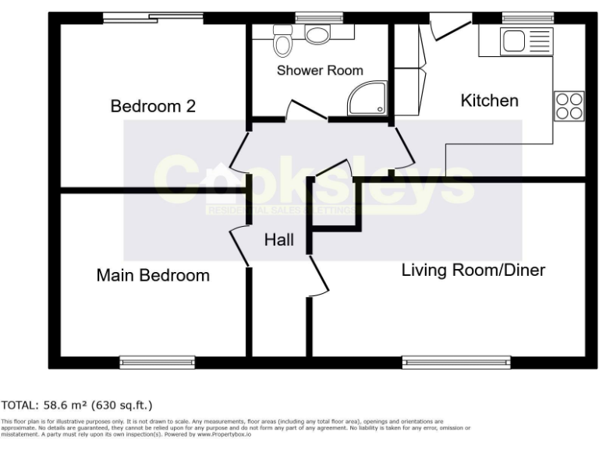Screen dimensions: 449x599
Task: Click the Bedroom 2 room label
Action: coord(152,106)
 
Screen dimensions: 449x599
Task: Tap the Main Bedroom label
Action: coord(153,275)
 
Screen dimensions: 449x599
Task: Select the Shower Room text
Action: coord(320,70)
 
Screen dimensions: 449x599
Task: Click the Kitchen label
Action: coord(489,101)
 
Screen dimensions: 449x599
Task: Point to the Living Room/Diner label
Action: coord(473,270)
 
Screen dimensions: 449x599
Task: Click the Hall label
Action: coord(278,240)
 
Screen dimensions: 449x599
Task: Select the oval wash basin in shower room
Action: coord(317,34)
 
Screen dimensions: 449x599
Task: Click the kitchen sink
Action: coord(516,40)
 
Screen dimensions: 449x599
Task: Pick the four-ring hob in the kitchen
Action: coord(569,105)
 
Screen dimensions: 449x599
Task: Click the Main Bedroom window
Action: coord(157,362)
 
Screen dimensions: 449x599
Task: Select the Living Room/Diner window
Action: coord(456,362)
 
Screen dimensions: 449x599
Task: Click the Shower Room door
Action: coord(306,111)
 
